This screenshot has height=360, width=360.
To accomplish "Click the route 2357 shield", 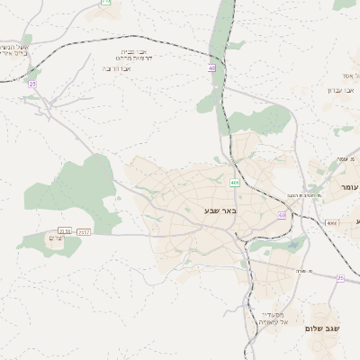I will click(84, 232).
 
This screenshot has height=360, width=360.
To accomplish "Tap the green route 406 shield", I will click(234, 183).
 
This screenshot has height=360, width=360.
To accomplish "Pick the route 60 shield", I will click(282, 216).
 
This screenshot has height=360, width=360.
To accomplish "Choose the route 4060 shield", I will click(332, 221).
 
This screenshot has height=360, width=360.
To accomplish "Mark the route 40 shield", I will click(211, 67).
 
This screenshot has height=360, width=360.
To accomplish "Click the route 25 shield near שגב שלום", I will click(340, 278).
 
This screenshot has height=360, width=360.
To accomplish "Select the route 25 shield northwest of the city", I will click(32, 84).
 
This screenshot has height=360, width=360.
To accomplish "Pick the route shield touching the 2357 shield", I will click(65, 232).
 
